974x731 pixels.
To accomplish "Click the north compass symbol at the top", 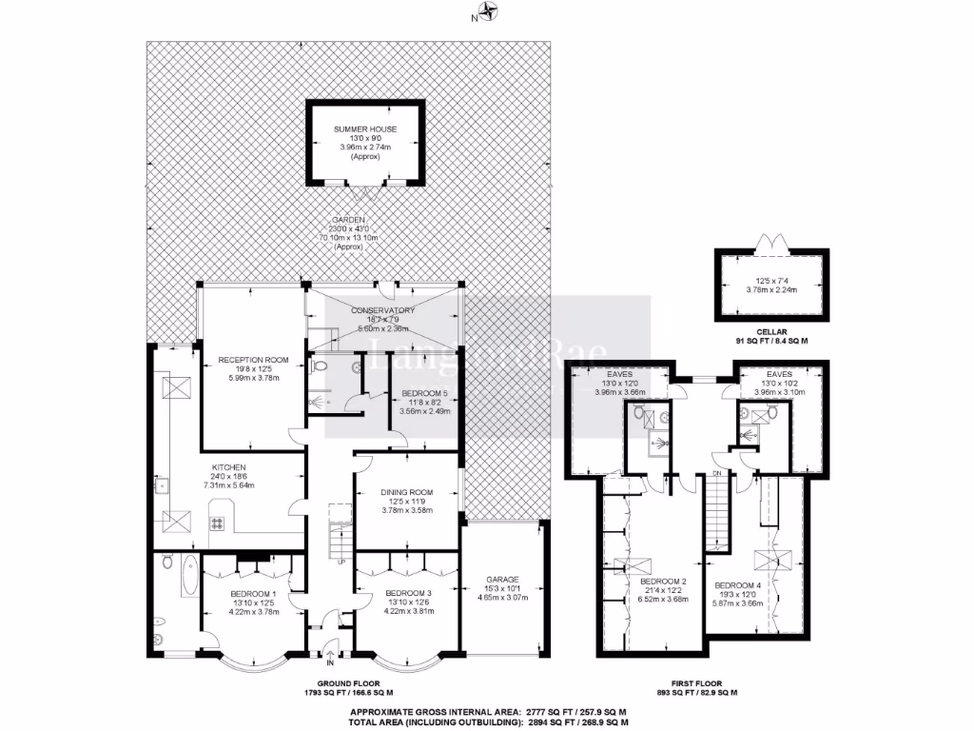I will pos(488,12).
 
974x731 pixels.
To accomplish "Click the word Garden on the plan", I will pos(349,219).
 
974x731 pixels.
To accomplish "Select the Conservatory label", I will pos(382,310).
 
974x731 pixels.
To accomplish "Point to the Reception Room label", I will pos(246,359).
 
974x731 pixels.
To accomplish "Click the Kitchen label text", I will pos(229,467).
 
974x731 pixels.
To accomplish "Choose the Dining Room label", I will pos(407,491).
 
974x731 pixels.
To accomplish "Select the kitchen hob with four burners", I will pos(216,523).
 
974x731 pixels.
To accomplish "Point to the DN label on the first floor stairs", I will pos(719,473).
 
